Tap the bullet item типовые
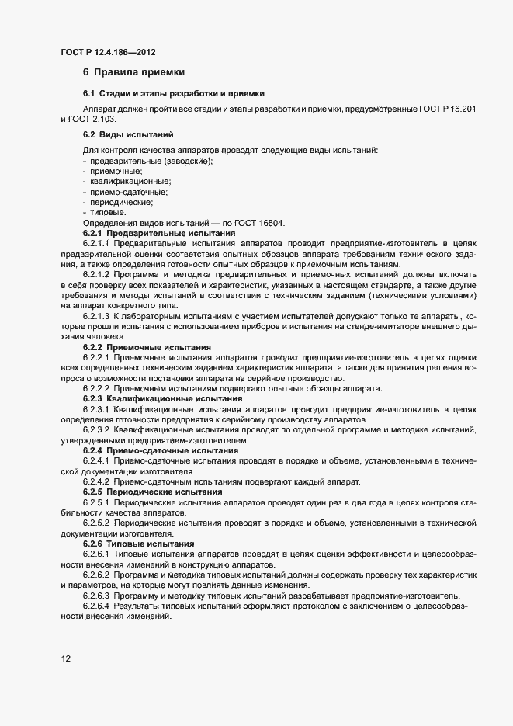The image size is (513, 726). (107, 212)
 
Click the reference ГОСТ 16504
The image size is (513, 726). (240, 223)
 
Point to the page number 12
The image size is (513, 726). (66, 659)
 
